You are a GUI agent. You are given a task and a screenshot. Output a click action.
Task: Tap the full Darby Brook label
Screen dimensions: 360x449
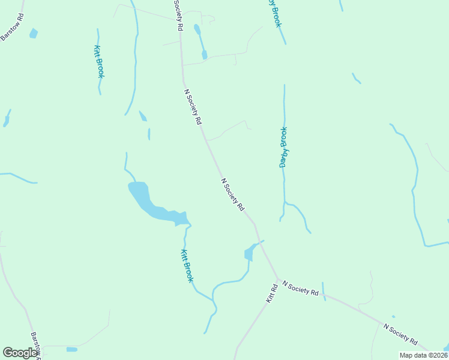click(x=283, y=147)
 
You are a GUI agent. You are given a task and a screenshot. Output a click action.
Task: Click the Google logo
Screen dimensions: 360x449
click(x=20, y=353)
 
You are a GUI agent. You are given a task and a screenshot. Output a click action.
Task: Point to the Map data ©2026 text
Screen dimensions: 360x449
click(x=423, y=355)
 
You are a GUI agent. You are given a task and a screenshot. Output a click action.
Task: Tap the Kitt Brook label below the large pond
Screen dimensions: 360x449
click(x=187, y=266)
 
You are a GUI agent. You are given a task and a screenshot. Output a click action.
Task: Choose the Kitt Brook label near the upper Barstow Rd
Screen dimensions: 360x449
click(x=100, y=61)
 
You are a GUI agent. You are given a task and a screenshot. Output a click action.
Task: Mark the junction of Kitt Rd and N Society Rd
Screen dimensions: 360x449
click(x=279, y=280)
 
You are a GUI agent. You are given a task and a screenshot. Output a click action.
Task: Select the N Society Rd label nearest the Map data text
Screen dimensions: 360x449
click(x=400, y=334)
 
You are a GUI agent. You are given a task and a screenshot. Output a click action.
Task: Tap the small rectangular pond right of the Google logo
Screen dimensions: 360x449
click(x=72, y=349)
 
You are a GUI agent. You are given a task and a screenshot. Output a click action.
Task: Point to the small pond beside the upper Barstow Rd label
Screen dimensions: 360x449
click(x=33, y=34)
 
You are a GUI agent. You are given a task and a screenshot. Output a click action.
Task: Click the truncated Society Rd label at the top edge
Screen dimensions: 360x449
click(x=178, y=16)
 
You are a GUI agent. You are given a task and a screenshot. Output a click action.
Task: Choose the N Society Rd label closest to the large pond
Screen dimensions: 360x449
click(x=232, y=194)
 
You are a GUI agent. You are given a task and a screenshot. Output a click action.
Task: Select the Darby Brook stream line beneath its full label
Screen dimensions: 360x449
click(x=284, y=186)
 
